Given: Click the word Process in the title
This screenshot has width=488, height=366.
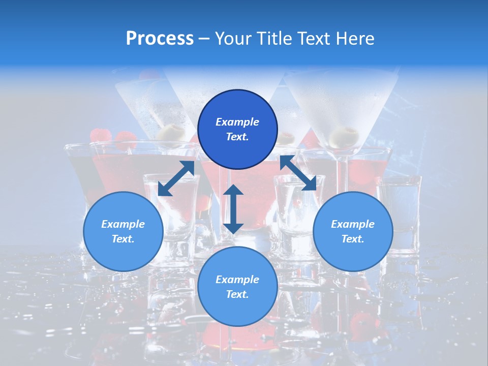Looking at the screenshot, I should (160, 39).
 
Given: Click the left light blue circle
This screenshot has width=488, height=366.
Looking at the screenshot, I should (123, 231).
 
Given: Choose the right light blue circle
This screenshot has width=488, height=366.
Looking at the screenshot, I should (353, 231).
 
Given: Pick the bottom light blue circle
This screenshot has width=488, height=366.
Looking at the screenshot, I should (237, 286).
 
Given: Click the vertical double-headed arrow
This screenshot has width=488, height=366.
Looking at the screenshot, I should (233, 209).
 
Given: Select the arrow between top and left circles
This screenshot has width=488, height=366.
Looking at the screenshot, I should (176, 178).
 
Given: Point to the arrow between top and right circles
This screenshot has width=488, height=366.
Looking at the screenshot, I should (301, 173).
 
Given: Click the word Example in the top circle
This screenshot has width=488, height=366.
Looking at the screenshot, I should (237, 122).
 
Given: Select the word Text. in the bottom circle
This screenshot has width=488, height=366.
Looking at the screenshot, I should (237, 294).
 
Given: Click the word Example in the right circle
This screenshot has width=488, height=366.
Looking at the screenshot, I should (353, 224).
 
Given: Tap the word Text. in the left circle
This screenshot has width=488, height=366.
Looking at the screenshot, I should (123, 239).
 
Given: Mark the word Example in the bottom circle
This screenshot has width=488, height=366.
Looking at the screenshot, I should (237, 280).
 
